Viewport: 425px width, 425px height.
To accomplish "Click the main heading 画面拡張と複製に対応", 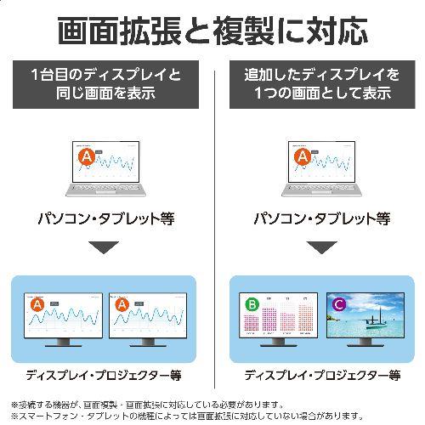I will (212, 31).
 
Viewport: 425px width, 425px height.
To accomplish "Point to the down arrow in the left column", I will (104, 248).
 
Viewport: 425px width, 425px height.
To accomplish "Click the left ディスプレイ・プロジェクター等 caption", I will (104, 374).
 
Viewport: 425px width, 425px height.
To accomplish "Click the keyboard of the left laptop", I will (104, 192).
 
